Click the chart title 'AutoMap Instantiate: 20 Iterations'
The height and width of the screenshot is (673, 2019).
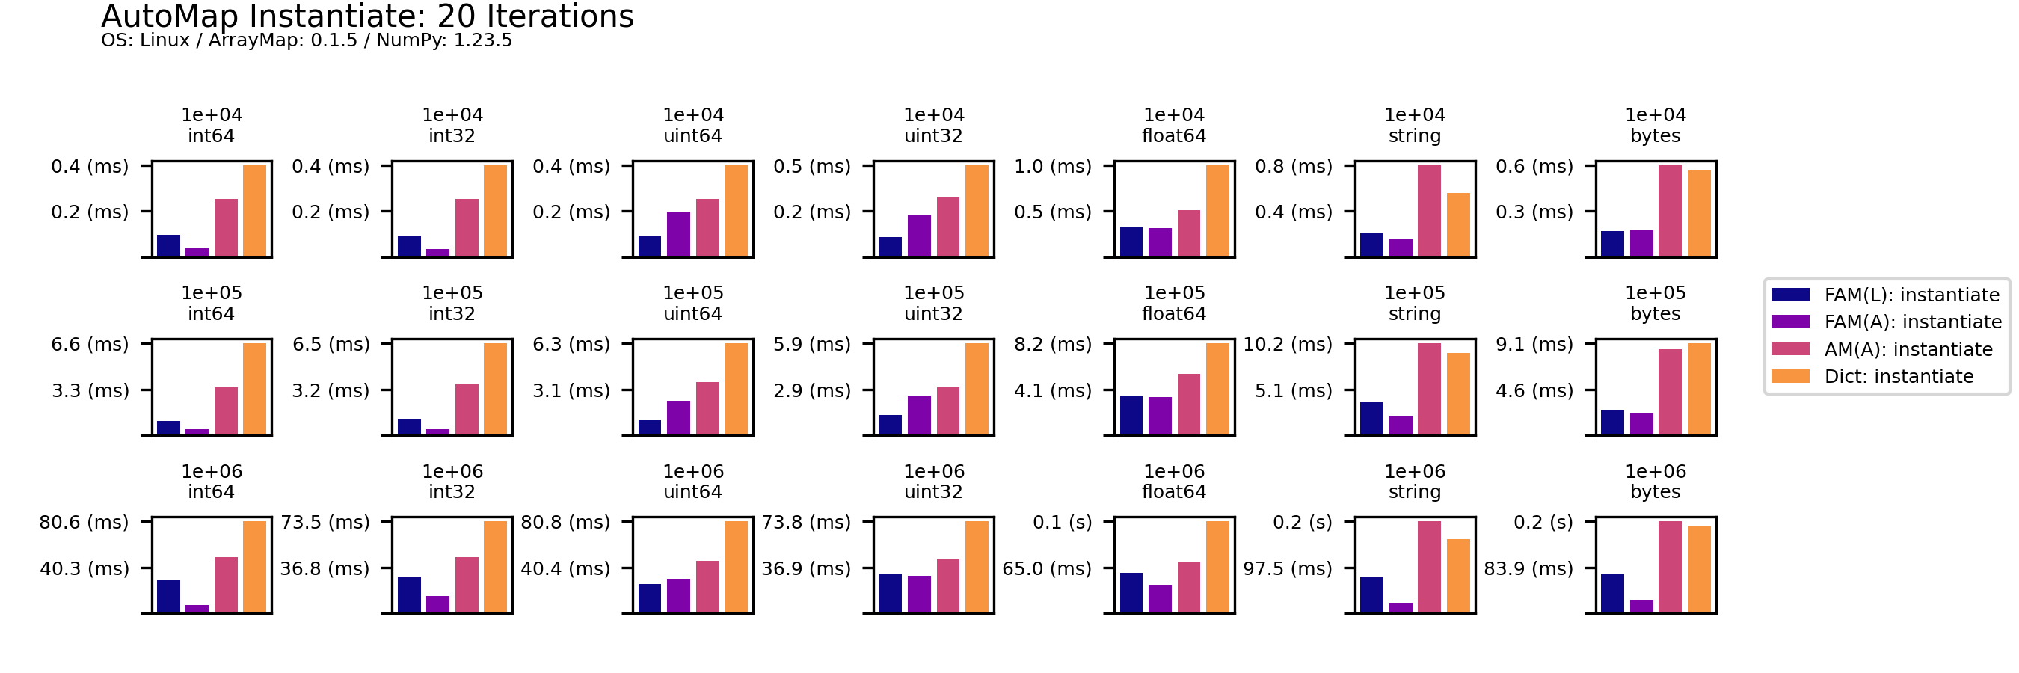point(367,16)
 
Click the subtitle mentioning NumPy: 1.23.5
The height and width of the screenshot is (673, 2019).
point(307,40)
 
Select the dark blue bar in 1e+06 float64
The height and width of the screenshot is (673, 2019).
point(1131,592)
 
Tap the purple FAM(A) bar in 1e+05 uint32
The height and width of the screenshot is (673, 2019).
point(919,414)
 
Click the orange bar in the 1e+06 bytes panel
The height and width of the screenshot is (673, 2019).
point(1699,569)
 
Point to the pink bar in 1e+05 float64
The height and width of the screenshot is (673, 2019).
point(1189,404)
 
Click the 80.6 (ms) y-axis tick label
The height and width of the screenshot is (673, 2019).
point(84,522)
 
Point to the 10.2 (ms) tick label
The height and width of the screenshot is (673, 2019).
point(1288,344)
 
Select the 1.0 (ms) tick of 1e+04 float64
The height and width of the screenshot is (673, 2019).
point(1053,166)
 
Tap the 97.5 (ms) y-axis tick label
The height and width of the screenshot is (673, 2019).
point(1288,568)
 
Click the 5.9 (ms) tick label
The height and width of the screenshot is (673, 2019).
point(812,344)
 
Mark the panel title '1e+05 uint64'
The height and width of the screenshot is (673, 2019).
point(693,303)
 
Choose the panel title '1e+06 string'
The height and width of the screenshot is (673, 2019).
point(1415,481)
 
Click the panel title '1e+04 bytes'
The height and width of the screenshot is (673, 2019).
point(1656,126)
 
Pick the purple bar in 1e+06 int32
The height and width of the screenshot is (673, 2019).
point(438,603)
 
